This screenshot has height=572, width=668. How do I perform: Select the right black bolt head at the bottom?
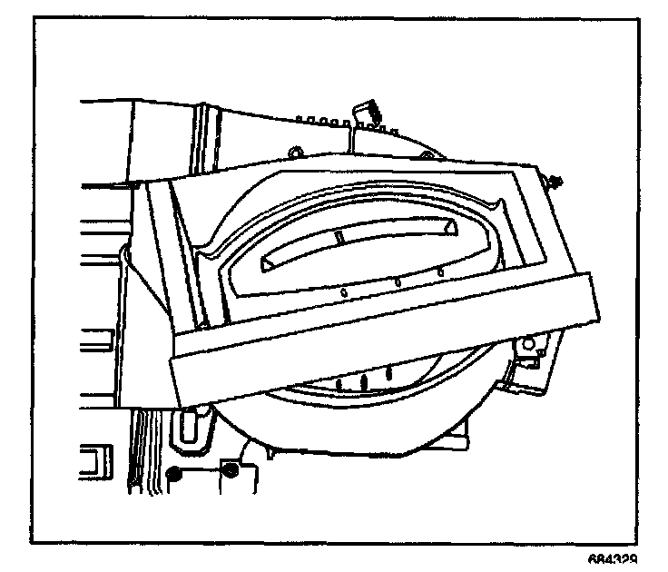[x=231, y=469]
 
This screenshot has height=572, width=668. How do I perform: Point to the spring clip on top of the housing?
[x=367, y=113]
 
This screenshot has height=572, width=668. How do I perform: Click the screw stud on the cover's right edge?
[x=552, y=182]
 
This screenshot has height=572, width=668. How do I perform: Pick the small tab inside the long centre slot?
[x=336, y=238]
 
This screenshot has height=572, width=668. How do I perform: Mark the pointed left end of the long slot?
[x=269, y=262]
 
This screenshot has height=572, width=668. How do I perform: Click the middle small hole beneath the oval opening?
[x=398, y=283]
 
